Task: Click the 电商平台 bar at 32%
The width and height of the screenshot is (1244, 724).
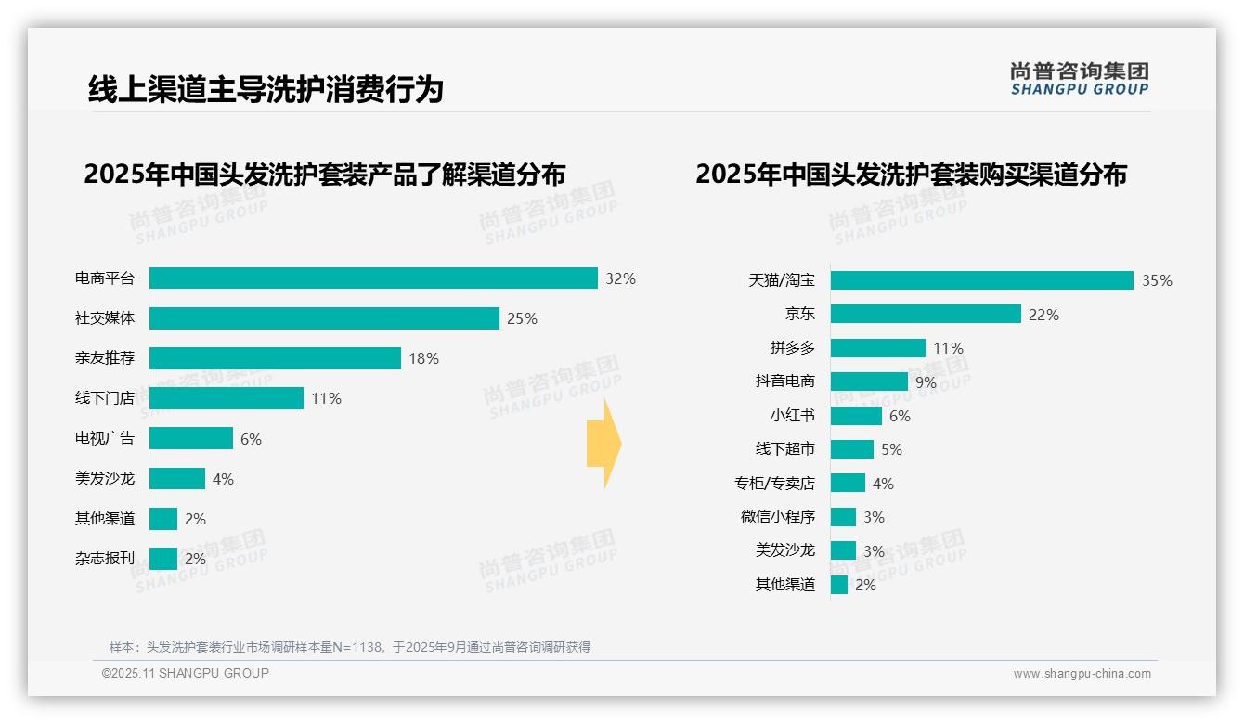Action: (x=373, y=278)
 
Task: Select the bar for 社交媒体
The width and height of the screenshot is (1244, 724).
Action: (x=324, y=318)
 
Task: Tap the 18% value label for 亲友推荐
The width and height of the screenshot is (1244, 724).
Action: (x=423, y=358)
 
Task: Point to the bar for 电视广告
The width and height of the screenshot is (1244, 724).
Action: (x=191, y=438)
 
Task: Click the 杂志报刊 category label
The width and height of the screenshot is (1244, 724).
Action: (x=105, y=559)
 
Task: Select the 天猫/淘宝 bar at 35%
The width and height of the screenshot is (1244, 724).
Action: (x=981, y=280)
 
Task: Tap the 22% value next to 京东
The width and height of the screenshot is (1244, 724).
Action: (x=1043, y=315)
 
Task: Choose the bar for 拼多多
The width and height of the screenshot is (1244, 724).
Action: (x=877, y=348)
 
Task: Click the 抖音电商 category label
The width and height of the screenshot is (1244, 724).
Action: (x=784, y=381)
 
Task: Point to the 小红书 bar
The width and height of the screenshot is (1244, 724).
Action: (x=856, y=416)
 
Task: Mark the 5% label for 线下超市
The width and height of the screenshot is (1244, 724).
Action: (x=891, y=450)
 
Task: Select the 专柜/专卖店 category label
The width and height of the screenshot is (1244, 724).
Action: (x=774, y=484)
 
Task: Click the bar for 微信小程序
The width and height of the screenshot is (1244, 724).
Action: (x=843, y=517)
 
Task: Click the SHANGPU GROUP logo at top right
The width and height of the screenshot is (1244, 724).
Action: (x=1079, y=79)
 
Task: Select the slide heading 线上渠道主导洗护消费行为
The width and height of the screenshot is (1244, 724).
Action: (x=266, y=90)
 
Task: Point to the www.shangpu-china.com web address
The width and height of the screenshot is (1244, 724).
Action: (x=1082, y=674)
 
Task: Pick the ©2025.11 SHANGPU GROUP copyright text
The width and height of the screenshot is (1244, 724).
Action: (x=186, y=673)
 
